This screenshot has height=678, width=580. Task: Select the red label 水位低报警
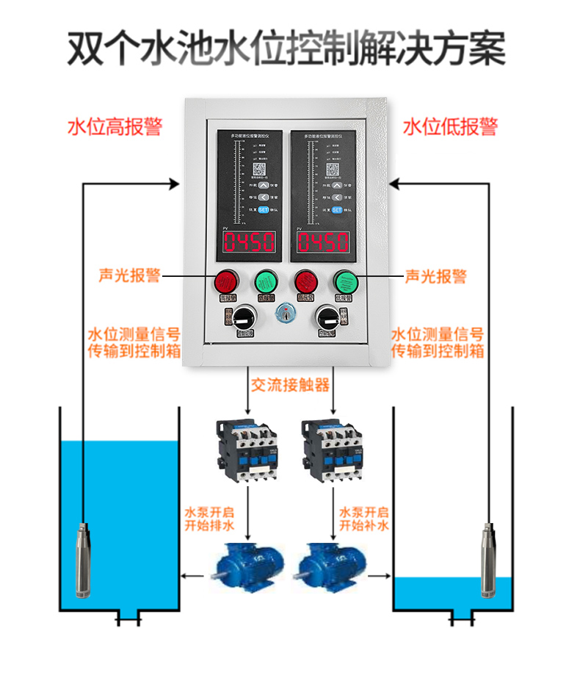click(450, 126)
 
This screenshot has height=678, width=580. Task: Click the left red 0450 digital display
click(249, 242)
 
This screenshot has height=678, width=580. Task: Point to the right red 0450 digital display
click(322, 242)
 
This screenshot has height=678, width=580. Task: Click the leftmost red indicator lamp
click(225, 281)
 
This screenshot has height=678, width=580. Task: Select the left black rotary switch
click(242, 320)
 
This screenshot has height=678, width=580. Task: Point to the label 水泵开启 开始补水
click(363, 519)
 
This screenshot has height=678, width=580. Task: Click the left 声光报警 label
click(129, 276)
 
